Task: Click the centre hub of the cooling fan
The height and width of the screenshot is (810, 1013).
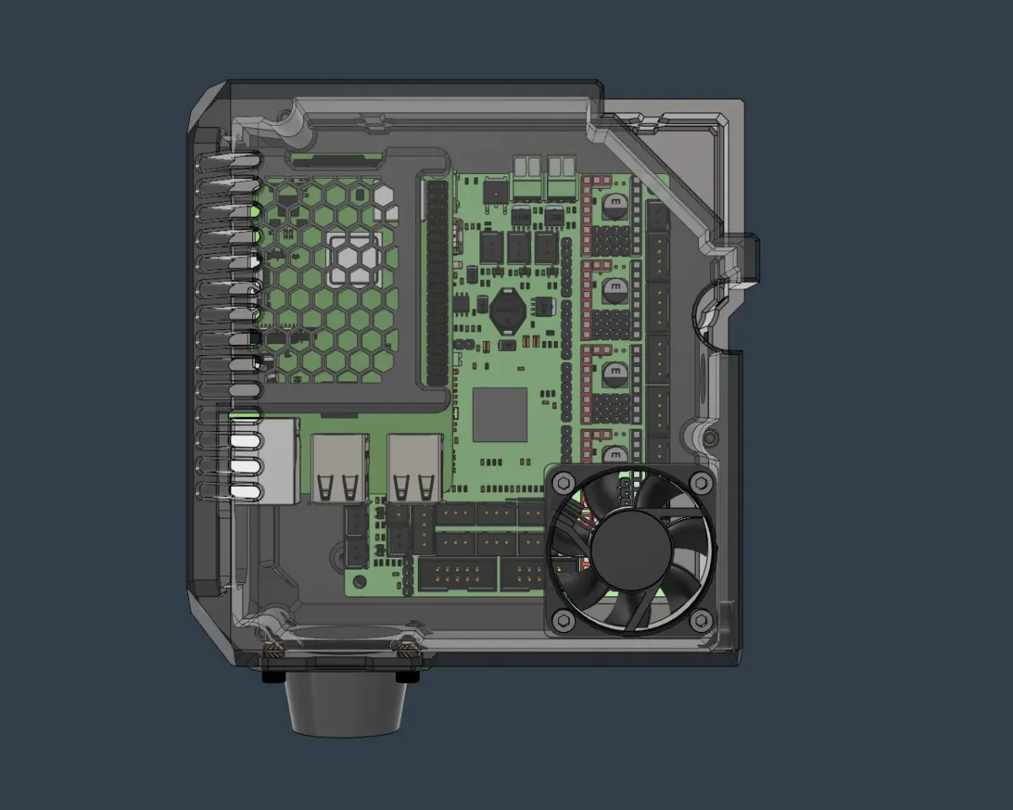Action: [631, 550]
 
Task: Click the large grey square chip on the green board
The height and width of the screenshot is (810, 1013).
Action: [500, 415]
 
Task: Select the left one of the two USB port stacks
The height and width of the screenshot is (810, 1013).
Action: [339, 468]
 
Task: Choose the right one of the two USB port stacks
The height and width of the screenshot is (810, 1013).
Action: [415, 468]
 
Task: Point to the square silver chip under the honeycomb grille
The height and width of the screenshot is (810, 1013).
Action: [355, 259]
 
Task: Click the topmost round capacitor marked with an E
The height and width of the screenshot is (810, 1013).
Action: [615, 202]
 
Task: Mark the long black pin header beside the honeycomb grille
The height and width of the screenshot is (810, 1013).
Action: [436, 283]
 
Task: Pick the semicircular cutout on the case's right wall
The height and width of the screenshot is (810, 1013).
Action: [707, 316]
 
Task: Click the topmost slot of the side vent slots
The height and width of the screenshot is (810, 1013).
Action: [228, 158]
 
